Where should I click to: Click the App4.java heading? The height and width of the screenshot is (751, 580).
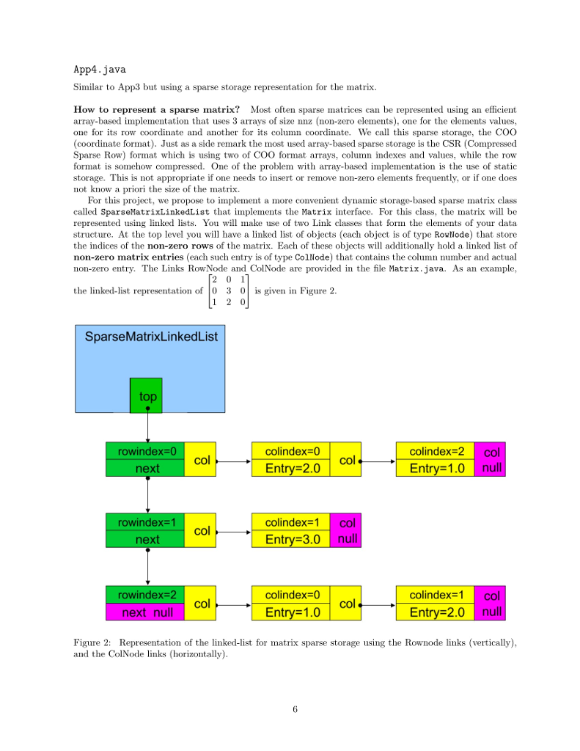point(100,70)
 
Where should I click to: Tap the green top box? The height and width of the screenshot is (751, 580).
point(147,395)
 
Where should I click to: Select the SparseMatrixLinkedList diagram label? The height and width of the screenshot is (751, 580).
point(151,337)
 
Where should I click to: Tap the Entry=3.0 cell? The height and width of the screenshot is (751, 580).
point(291,540)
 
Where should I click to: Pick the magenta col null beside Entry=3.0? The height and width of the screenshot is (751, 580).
point(347,531)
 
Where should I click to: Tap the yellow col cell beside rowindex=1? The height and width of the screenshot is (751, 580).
point(202,531)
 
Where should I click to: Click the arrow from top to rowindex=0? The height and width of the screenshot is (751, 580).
point(147,426)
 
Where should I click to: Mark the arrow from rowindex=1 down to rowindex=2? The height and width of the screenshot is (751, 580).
point(147,568)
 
